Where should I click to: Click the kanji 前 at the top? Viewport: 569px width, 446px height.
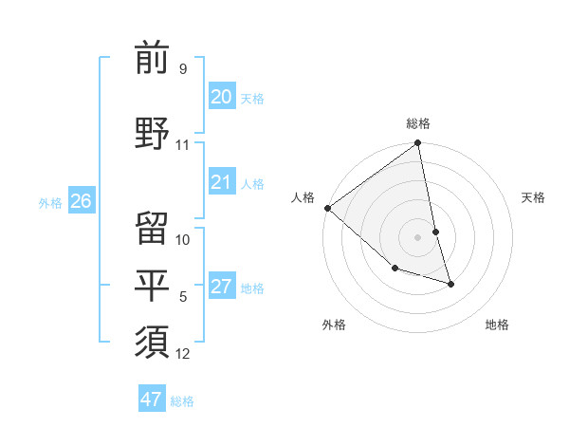pyautogui.click(x=152, y=59)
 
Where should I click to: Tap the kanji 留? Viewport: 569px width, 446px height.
pyautogui.click(x=152, y=229)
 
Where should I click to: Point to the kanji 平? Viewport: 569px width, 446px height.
pyautogui.click(x=152, y=286)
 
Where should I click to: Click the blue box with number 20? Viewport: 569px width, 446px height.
pyautogui.click(x=221, y=97)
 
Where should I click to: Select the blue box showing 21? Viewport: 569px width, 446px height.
pyautogui.click(x=221, y=183)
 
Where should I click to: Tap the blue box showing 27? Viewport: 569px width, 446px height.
pyautogui.click(x=221, y=288)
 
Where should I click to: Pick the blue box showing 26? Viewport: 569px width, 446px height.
pyautogui.click(x=82, y=201)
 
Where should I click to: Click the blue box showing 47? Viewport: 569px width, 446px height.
pyautogui.click(x=152, y=400)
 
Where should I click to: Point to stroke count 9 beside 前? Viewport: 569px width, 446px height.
pyautogui.click(x=182, y=69)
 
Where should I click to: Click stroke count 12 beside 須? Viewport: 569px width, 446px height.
pyautogui.click(x=183, y=354)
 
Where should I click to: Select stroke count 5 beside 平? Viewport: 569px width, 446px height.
pyautogui.click(x=183, y=298)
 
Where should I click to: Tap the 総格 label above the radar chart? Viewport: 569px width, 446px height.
pyautogui.click(x=418, y=123)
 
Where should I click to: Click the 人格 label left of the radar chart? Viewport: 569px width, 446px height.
pyautogui.click(x=303, y=197)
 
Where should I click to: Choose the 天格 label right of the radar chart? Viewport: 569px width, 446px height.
pyautogui.click(x=534, y=197)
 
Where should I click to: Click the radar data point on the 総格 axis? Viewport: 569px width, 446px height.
pyautogui.click(x=418, y=144)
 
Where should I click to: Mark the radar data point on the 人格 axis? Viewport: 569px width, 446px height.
pyautogui.click(x=327, y=208)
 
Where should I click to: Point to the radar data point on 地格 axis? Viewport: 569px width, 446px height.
pyautogui.click(x=450, y=284)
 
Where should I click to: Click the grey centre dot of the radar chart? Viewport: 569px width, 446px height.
pyautogui.click(x=418, y=237)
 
